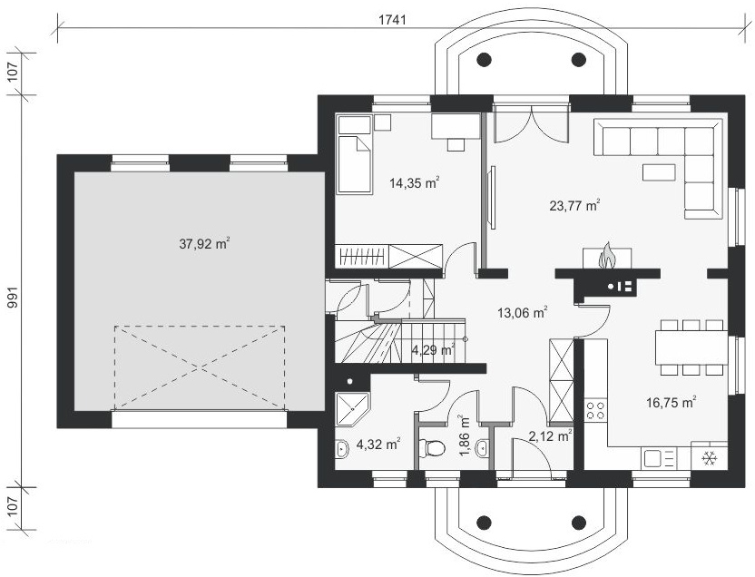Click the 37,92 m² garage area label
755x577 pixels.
[x=204, y=243]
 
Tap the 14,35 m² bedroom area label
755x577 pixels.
[x=415, y=182]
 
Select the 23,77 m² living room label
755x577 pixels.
[x=574, y=205]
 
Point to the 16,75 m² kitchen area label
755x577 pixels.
[x=672, y=402]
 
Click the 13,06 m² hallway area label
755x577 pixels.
[x=523, y=313]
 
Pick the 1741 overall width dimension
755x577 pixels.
[x=392, y=20]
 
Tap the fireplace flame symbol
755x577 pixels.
[x=607, y=256]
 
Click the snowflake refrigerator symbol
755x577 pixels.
[x=709, y=459]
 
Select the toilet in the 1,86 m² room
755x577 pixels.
[x=432, y=448]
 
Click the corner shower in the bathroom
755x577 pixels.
[x=352, y=409]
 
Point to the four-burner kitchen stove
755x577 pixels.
[x=595, y=409]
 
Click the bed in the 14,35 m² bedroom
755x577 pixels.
[x=355, y=164]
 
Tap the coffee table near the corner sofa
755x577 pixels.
[x=659, y=171]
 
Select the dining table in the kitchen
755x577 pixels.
[x=691, y=347]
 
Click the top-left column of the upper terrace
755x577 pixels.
[x=484, y=59]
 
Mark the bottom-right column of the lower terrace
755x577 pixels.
[x=578, y=522]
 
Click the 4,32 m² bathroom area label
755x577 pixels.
[x=378, y=444]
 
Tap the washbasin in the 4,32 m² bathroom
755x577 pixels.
[x=341, y=448]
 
